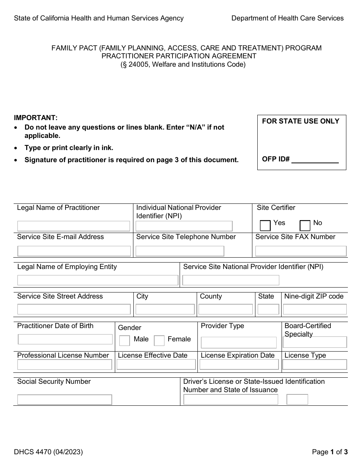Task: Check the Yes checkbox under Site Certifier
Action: click(x=265, y=225)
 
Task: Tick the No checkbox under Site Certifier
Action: click(x=305, y=225)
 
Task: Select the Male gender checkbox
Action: click(x=124, y=341)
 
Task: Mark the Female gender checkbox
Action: click(x=159, y=341)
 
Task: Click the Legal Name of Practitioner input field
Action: click(x=74, y=226)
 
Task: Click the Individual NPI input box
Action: click(x=184, y=226)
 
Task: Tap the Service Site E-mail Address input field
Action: click(x=74, y=251)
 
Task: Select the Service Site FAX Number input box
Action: click(x=301, y=251)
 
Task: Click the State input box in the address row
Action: click(x=268, y=309)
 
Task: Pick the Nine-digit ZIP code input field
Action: click(x=315, y=309)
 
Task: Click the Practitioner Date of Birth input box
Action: click(x=65, y=339)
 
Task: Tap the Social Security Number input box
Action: click(x=64, y=400)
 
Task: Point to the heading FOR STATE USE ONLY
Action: click(x=301, y=121)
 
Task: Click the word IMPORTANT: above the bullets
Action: click(x=36, y=118)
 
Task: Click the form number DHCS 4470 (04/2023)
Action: click(x=48, y=452)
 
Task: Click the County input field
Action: click(x=225, y=309)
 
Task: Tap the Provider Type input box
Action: click(x=239, y=342)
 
